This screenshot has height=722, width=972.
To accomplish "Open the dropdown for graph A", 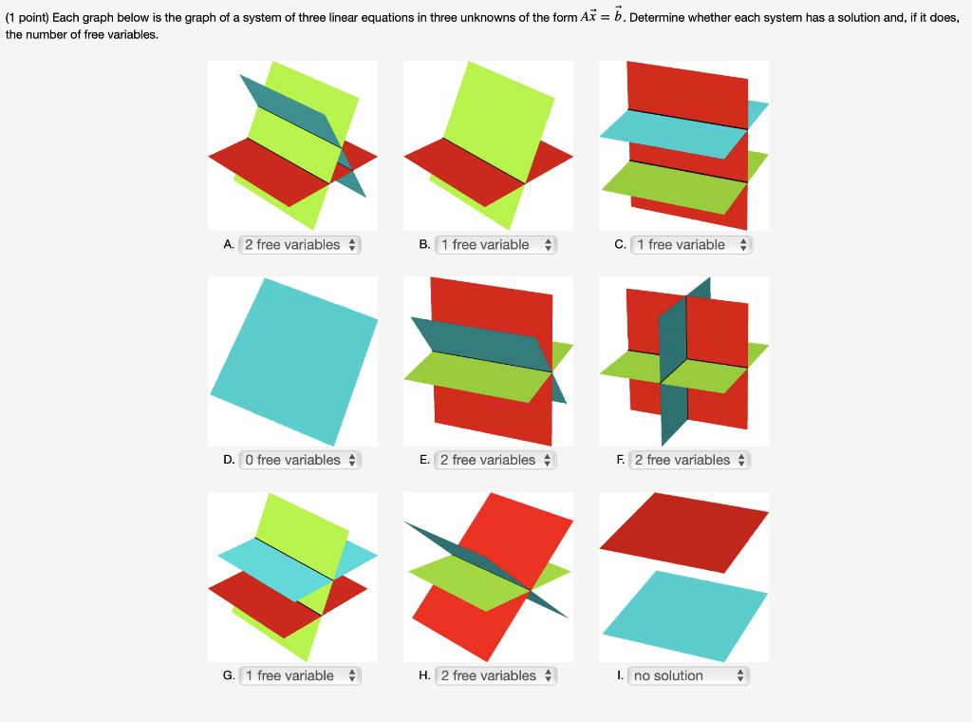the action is (x=300, y=244).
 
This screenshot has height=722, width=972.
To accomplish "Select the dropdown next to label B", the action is (x=495, y=244).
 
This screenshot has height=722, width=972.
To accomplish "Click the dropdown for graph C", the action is (x=691, y=244).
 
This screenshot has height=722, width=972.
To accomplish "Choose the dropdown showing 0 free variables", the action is (x=300, y=460).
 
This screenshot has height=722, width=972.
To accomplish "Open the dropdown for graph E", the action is (x=495, y=460).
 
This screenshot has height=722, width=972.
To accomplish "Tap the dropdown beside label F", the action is (x=691, y=460).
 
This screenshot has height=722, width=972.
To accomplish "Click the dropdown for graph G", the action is (x=300, y=675).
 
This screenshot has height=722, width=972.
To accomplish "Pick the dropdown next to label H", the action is (x=495, y=675).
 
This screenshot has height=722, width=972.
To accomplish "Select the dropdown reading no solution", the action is (x=691, y=675).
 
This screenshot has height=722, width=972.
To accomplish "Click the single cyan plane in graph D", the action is (x=294, y=361).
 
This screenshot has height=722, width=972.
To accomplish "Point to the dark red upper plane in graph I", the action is (x=683, y=532).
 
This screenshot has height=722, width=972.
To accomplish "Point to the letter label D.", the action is (x=229, y=460).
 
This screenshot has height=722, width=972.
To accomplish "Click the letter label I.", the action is (x=619, y=675).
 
